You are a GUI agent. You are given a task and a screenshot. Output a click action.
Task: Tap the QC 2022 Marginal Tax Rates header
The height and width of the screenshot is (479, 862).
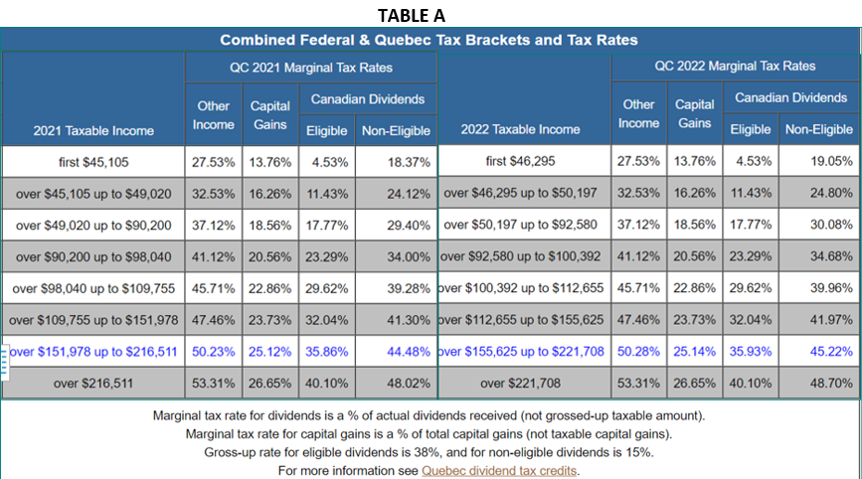tap(735, 66)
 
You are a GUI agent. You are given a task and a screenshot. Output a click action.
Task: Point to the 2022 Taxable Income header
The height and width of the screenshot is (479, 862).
tap(520, 129)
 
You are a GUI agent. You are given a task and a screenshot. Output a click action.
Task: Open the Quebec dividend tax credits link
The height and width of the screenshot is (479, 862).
tap(499, 470)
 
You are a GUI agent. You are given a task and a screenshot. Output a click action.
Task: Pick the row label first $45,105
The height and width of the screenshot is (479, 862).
tap(93, 161)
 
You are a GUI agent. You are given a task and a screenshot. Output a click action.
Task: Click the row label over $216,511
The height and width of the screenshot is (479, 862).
tap(93, 384)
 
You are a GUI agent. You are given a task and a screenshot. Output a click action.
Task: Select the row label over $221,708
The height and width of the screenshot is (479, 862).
tap(521, 384)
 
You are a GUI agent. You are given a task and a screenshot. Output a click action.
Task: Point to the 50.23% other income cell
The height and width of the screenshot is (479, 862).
tap(211, 352)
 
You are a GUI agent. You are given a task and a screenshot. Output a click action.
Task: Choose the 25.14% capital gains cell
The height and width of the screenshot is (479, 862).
tap(694, 352)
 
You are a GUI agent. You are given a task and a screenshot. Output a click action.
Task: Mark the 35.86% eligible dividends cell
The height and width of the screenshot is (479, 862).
tap(326, 352)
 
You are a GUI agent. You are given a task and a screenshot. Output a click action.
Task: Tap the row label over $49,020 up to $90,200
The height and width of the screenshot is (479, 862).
tap(93, 225)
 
